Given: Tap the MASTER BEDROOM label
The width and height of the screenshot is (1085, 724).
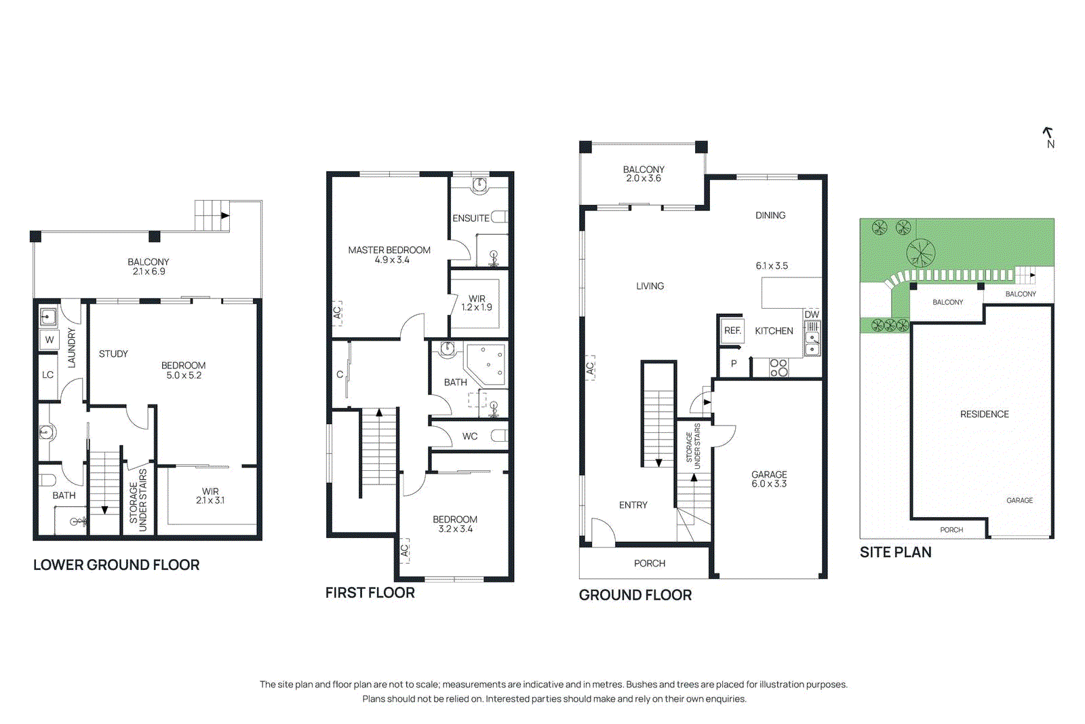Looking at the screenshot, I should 389,254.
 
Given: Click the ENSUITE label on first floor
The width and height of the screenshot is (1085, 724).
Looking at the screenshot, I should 471,218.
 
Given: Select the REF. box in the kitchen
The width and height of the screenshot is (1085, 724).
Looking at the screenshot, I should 732,330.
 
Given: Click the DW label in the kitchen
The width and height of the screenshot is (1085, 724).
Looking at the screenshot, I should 812,314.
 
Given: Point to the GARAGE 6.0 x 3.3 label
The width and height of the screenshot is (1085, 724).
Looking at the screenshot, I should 769,479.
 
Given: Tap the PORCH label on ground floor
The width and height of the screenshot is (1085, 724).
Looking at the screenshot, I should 649,563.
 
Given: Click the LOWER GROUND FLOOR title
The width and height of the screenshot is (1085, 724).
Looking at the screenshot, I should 116,565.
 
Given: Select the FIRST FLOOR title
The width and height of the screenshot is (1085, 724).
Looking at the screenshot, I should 370,592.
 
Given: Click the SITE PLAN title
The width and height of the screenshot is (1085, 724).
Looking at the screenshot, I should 895,552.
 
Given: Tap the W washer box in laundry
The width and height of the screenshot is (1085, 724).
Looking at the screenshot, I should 50,340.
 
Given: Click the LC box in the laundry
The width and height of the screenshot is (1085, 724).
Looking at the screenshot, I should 48,375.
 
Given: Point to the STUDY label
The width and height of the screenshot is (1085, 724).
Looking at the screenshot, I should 113,354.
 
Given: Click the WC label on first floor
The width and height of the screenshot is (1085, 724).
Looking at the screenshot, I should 470,436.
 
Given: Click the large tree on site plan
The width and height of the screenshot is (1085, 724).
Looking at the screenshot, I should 920,253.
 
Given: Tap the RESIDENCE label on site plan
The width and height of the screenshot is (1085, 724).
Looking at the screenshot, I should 984,414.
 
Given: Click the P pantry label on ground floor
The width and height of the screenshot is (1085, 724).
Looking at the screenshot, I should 734,364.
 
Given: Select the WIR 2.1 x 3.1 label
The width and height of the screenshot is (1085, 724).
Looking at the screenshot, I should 210,495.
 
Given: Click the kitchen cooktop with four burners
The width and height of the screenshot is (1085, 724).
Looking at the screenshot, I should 778,368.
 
